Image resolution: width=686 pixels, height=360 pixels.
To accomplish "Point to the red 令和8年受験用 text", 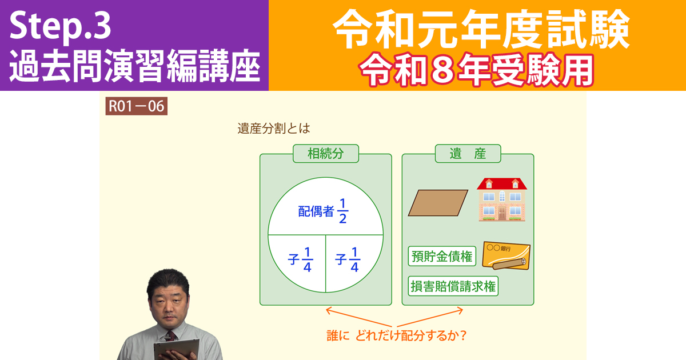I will [476, 70].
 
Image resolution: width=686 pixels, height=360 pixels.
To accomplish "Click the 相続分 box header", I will [325, 153].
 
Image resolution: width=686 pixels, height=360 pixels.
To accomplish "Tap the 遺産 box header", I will [468, 153].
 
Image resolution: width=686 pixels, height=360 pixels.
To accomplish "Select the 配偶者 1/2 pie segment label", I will [324, 211].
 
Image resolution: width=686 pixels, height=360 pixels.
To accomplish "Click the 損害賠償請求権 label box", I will [453, 286].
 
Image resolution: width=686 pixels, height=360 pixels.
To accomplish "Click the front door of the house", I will [502, 213].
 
